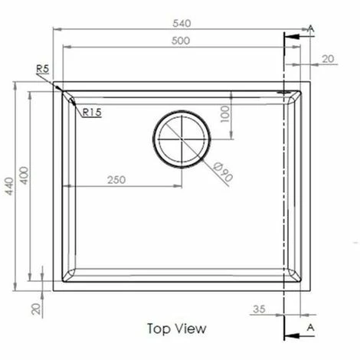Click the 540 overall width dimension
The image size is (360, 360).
[182, 24]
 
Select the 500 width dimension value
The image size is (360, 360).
[181, 41]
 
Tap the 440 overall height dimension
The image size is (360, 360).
[9, 186]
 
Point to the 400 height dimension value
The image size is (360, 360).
[25, 175]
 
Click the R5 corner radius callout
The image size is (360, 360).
[42, 69]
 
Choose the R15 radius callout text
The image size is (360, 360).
[92, 112]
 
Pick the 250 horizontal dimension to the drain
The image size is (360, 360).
[116, 180]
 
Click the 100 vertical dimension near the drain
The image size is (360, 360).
[224, 114]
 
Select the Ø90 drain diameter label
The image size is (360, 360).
[223, 172]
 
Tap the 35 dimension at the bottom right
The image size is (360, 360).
[259, 309]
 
